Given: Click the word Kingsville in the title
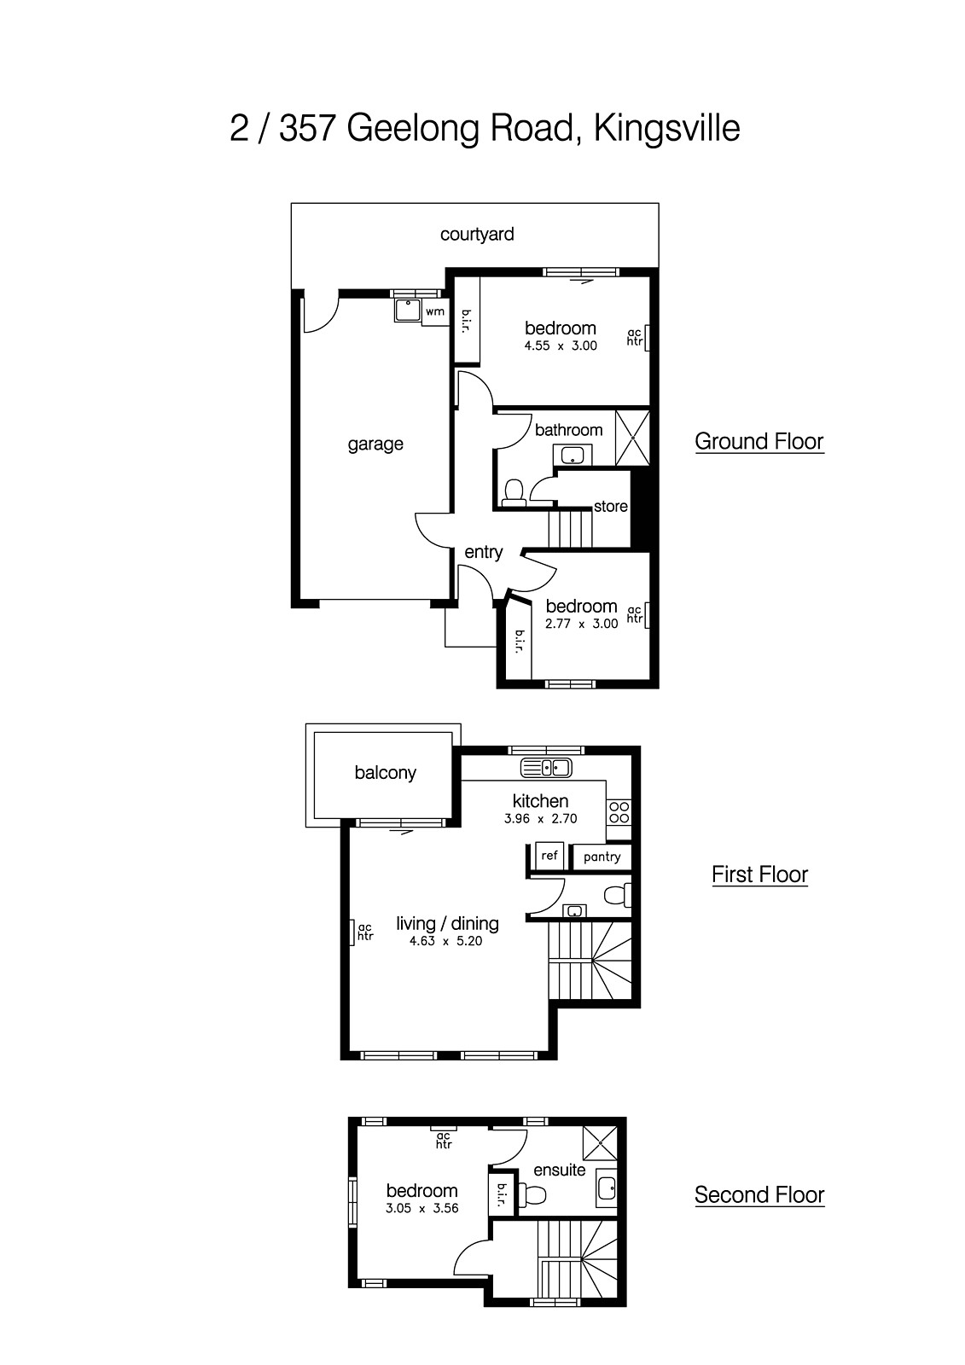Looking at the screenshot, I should click(666, 129).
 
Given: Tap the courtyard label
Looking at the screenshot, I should click(477, 234).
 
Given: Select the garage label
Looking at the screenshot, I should click(375, 444).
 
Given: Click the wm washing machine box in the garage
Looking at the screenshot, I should click(435, 311).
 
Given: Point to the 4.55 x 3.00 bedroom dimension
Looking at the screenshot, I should click(561, 346).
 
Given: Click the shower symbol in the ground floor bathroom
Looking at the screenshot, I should click(633, 437).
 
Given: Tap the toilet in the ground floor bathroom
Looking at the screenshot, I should click(514, 493).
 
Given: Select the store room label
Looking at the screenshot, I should click(611, 506).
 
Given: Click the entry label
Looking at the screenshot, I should click(483, 552).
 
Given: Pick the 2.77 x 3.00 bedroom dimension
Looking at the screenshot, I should click(581, 624).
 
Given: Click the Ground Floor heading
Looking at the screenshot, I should click(759, 441).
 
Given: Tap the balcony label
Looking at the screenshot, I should click(385, 772).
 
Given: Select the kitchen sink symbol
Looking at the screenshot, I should click(546, 768).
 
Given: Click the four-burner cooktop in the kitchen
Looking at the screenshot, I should click(619, 812).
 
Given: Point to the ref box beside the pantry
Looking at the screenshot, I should click(549, 855).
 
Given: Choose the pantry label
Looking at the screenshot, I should click(602, 857).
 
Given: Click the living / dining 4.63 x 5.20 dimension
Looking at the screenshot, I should click(446, 941).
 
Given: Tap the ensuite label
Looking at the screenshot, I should click(559, 1170).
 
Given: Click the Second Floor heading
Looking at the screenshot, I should click(759, 1194).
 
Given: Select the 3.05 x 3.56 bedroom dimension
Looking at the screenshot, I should click(422, 1208).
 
